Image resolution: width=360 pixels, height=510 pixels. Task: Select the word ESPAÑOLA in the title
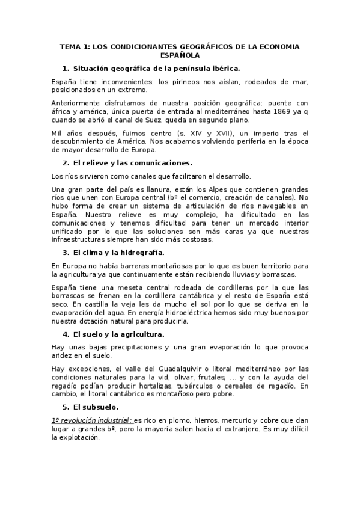tap(180, 54)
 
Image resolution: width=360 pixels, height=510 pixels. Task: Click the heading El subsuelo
tap(96, 407)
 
